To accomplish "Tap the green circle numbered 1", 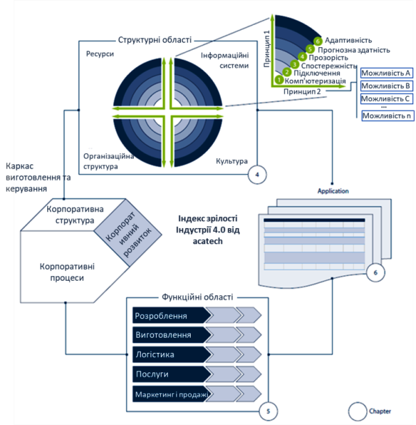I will pyautogui.click(x=279, y=80).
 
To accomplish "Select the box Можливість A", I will pyautogui.click(x=387, y=73).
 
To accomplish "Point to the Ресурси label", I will pyautogui.click(x=100, y=54).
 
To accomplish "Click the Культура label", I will pyautogui.click(x=232, y=162).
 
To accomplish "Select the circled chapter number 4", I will pyautogui.click(x=257, y=174).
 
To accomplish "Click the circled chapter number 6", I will pyautogui.click(x=375, y=273).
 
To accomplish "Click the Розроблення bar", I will pyautogui.click(x=170, y=315).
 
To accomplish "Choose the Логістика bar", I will pyautogui.click(x=170, y=355).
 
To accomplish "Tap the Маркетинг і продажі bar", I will pyautogui.click(x=170, y=395).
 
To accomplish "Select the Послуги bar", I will pyautogui.click(x=170, y=375).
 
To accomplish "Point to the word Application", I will pyautogui.click(x=333, y=191).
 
